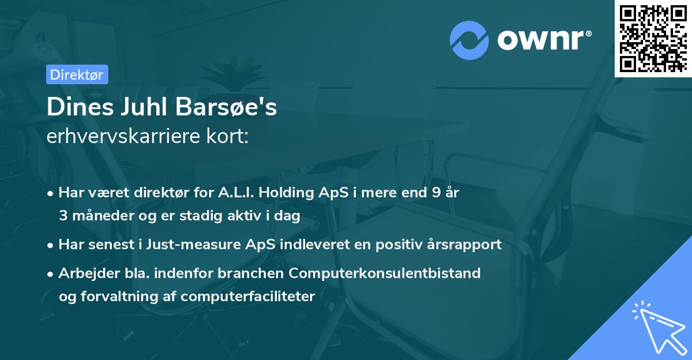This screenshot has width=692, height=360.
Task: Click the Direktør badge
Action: click(77, 74)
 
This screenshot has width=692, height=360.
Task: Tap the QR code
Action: click(653, 39)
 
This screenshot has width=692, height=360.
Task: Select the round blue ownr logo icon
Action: click(469, 40)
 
